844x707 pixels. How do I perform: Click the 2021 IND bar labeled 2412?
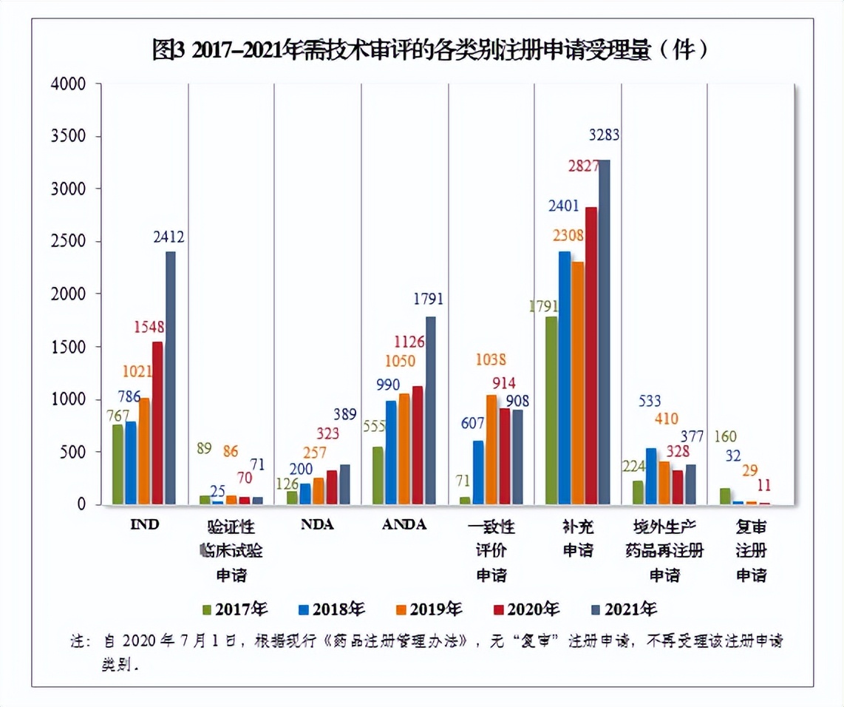tap(171, 377)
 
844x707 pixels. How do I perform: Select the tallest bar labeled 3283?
tap(604, 333)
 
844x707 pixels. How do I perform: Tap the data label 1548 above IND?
tap(149, 326)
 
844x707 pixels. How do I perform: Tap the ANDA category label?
tap(404, 525)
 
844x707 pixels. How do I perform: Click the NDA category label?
tap(317, 525)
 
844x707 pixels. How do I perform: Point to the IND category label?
tap(145, 525)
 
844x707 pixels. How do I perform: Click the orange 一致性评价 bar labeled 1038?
tap(491, 450)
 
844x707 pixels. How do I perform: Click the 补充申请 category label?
tap(578, 538)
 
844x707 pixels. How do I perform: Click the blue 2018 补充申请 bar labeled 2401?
tap(565, 378)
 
